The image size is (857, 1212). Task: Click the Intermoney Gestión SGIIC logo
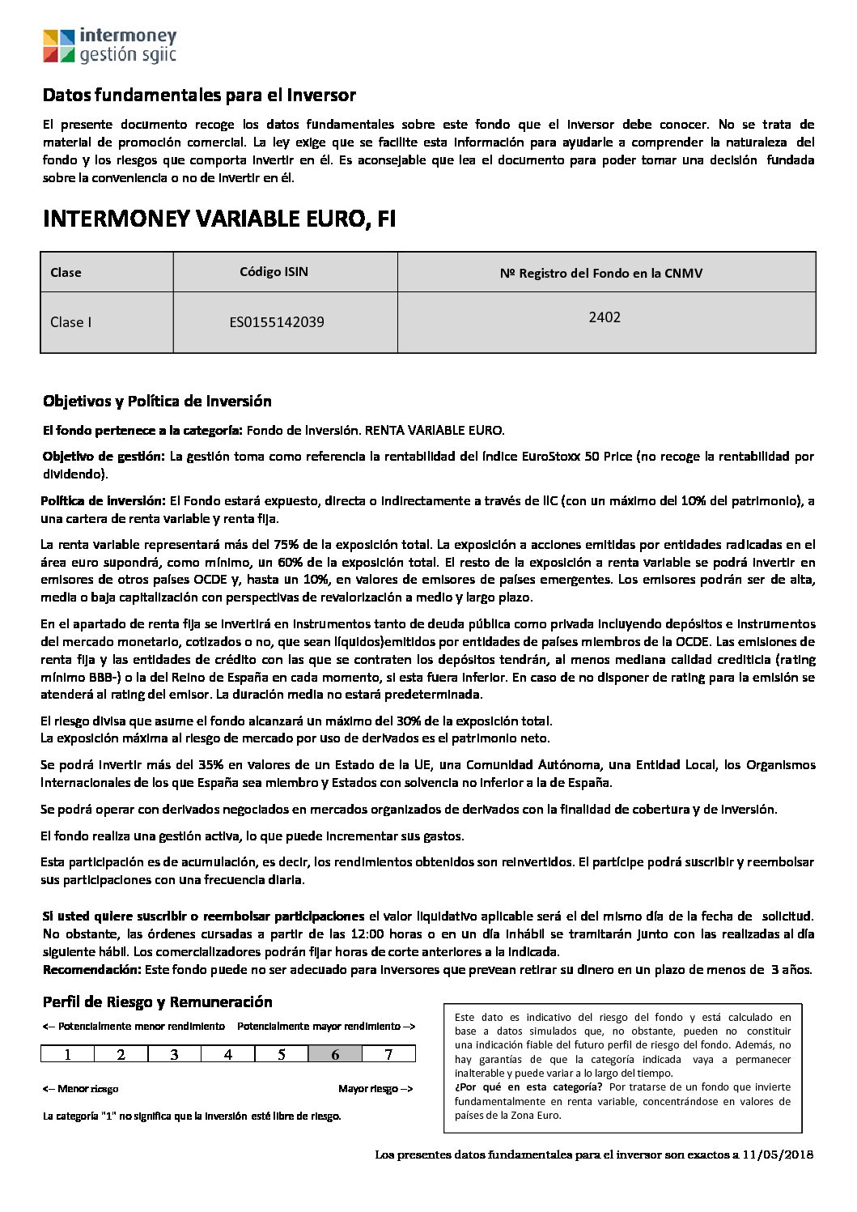pyautogui.click(x=109, y=45)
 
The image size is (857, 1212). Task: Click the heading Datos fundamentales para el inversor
pyautogui.click(x=199, y=96)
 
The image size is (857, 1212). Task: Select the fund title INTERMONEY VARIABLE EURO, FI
pyautogui.click(x=219, y=219)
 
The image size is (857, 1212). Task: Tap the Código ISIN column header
pyautogui.click(x=274, y=272)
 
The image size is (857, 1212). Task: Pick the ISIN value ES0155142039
pyautogui.click(x=277, y=322)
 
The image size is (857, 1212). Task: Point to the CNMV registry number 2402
pyautogui.click(x=605, y=317)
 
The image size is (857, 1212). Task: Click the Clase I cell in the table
pyautogui.click(x=71, y=322)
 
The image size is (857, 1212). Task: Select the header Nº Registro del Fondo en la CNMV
pyautogui.click(x=601, y=273)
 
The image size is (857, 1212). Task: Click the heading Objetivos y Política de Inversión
pyautogui.click(x=157, y=402)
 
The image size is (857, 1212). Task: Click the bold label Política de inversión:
pyautogui.click(x=104, y=501)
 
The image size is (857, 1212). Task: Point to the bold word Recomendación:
pyautogui.click(x=91, y=969)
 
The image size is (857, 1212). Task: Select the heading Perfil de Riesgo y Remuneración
pyautogui.click(x=157, y=1002)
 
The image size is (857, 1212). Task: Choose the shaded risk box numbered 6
pyautogui.click(x=335, y=1054)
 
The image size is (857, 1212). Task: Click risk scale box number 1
pyautogui.click(x=68, y=1054)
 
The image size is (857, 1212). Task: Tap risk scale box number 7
pyautogui.click(x=388, y=1054)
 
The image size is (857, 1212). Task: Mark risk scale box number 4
pyautogui.click(x=228, y=1054)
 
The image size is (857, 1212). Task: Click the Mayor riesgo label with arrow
pyautogui.click(x=375, y=1089)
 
